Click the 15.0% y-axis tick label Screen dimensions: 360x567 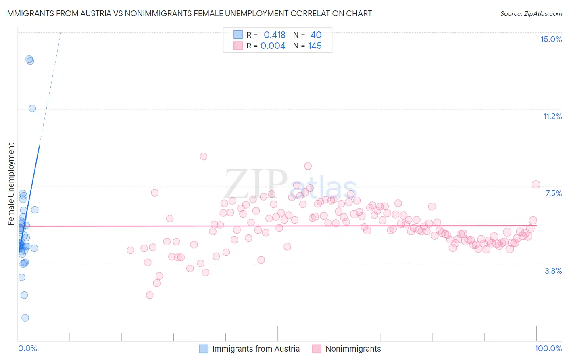click(551, 39)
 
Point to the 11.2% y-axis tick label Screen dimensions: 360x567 click(552, 116)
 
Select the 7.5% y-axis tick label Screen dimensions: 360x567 click(553, 193)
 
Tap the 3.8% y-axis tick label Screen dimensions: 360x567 click(553, 271)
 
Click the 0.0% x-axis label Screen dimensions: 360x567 click(27, 348)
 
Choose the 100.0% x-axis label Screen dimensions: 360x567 click(548, 348)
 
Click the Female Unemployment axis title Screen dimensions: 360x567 click(11, 184)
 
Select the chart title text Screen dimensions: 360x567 click(188, 13)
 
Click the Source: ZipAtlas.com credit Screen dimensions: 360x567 click(531, 13)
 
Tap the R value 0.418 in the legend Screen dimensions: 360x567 click(274, 35)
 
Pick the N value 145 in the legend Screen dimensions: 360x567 click(315, 46)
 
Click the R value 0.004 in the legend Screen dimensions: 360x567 click(273, 46)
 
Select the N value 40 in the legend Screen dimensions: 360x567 click(316, 35)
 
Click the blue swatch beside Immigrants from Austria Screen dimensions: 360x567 click(204, 349)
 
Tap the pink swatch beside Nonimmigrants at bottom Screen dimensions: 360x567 click(317, 349)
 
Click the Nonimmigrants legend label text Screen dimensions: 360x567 click(353, 349)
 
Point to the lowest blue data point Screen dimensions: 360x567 click(25, 318)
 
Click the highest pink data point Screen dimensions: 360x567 click(204, 156)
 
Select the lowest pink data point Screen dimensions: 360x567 click(150, 295)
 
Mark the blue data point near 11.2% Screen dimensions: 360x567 click(32, 108)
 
